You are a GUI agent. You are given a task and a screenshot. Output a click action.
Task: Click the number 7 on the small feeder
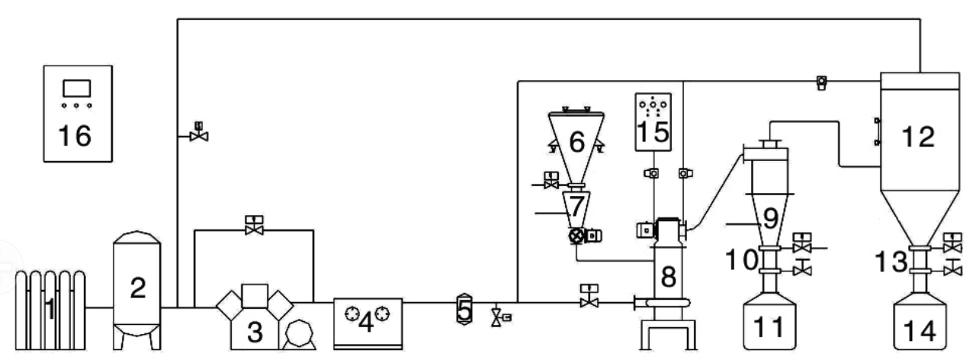coord(576,204)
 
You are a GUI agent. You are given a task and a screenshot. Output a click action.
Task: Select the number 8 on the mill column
coord(669,277)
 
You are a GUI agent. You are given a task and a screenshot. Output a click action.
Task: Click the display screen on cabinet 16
coord(77,87)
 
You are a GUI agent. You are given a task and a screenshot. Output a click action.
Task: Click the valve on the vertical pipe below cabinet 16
coord(199,136)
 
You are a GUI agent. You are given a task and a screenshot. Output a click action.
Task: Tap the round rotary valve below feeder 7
coord(577,236)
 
